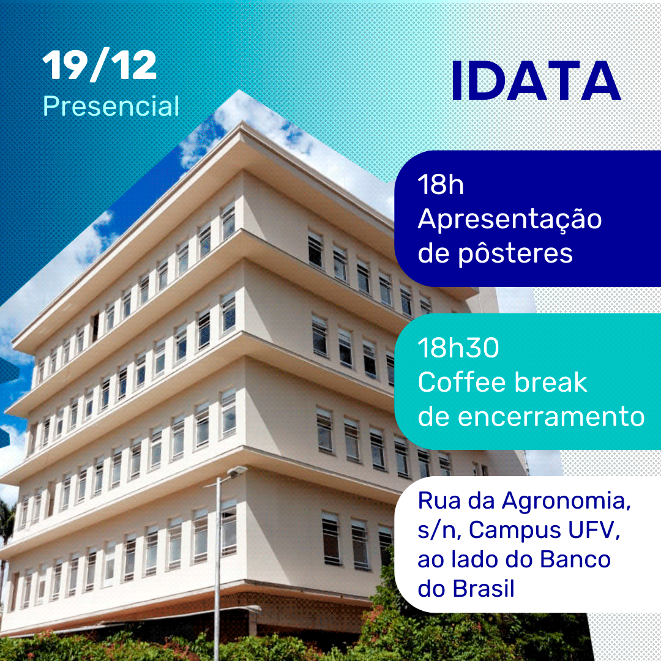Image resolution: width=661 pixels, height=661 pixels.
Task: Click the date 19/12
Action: [100, 66]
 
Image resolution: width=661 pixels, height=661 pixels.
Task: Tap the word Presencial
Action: [111, 106]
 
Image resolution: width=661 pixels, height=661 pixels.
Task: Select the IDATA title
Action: [536, 81]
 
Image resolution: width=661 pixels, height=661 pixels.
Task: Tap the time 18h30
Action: [458, 348]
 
